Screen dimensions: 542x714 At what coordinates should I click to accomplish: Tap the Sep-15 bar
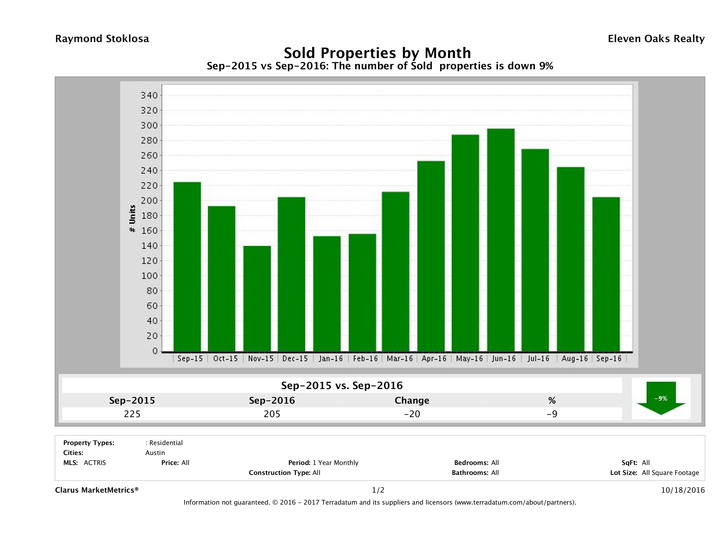point(187,267)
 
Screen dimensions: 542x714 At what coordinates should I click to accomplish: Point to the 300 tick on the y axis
point(149,125)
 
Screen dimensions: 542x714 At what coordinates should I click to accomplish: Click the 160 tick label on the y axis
point(149,231)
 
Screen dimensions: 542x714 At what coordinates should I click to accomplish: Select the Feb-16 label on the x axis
point(365,358)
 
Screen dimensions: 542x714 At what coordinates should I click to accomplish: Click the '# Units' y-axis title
point(132,219)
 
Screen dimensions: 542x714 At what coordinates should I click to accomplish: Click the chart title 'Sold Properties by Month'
point(377,53)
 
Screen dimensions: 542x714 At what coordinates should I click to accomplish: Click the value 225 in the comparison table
point(132,414)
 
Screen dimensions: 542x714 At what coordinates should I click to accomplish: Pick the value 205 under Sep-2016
point(272,414)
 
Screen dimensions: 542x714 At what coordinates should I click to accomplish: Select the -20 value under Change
point(412,414)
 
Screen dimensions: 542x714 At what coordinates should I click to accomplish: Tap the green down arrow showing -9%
point(661,398)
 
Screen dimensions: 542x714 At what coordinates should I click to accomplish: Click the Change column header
point(412,401)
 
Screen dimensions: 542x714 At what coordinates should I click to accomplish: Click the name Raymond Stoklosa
point(102,39)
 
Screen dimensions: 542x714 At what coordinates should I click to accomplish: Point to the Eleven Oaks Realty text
point(656,39)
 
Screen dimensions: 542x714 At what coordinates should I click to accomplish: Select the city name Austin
point(155,453)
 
